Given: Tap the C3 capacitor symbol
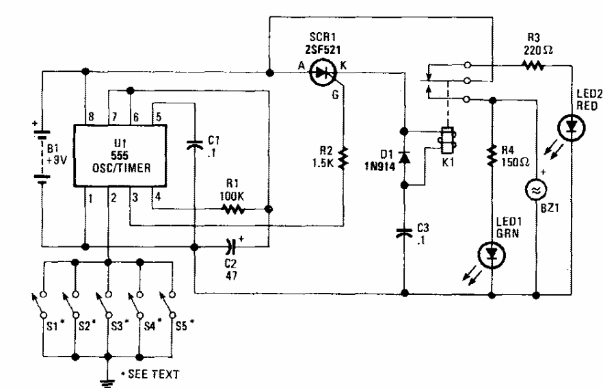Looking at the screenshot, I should (404, 233).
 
